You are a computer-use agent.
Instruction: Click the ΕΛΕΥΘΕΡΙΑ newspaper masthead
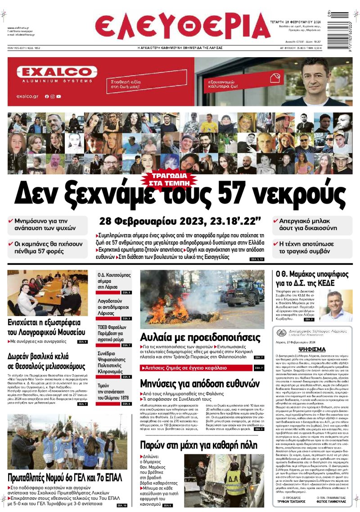pyautogui.click(x=183, y=26)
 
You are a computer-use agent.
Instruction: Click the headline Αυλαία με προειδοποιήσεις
pyautogui.click(x=200, y=338)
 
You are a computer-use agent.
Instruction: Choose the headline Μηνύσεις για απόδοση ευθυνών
pyautogui.click(x=200, y=384)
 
